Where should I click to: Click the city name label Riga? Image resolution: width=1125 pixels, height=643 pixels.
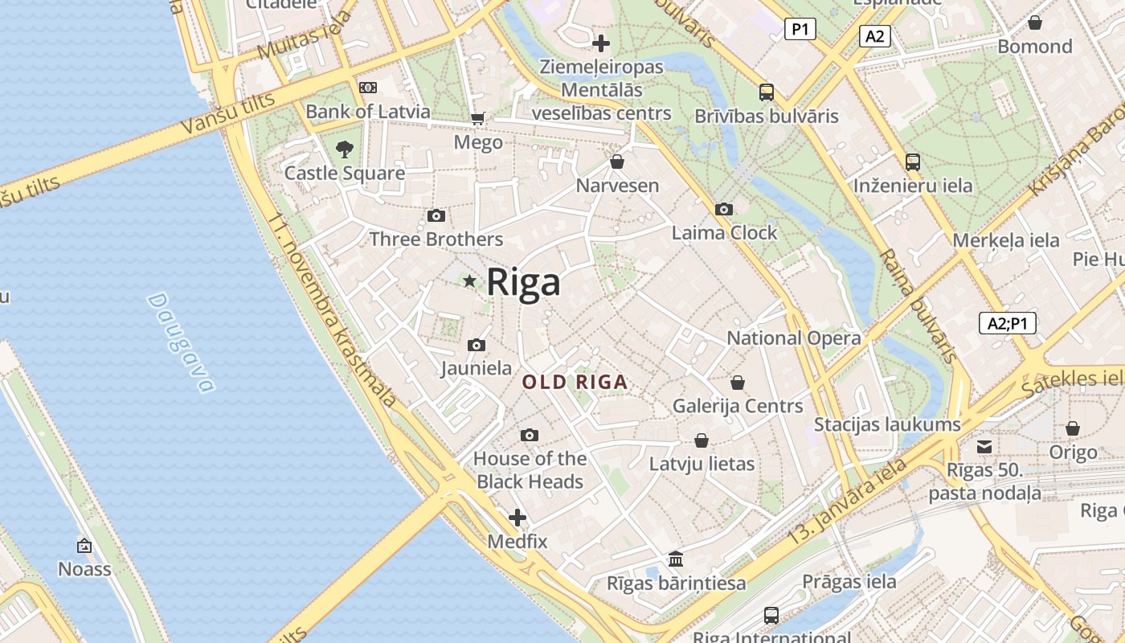point(523,282)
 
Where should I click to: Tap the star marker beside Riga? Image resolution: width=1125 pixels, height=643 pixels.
point(469,281)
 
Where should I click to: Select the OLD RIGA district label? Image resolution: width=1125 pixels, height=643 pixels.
point(575,383)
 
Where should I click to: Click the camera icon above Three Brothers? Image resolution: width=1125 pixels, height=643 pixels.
point(436,215)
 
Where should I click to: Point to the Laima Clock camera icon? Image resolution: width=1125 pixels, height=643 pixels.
point(723,210)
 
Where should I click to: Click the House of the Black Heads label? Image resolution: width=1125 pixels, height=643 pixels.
point(530,470)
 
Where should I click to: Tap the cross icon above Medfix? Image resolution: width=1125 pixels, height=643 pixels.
point(517,518)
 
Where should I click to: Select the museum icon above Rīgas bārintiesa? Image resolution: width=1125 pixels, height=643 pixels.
point(676,559)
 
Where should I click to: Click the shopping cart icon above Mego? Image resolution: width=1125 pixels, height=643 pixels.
point(478,119)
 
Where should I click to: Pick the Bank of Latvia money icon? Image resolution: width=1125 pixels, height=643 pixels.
point(368,88)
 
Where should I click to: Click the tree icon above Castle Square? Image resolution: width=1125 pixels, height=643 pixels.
point(345,149)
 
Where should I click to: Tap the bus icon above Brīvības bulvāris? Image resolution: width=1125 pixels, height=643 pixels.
point(767,92)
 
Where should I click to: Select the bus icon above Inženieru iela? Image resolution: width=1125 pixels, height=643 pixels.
point(912,162)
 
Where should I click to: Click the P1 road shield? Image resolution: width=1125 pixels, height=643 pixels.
point(800,30)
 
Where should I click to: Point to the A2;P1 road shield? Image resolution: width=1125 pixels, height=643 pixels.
point(1008,323)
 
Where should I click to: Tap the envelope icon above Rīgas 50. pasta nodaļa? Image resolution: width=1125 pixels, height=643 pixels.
point(984,447)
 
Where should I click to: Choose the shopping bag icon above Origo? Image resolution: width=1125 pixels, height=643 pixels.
point(1073,428)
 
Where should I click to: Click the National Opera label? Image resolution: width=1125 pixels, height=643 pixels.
point(793,338)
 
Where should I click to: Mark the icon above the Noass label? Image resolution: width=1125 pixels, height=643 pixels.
point(84,546)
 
